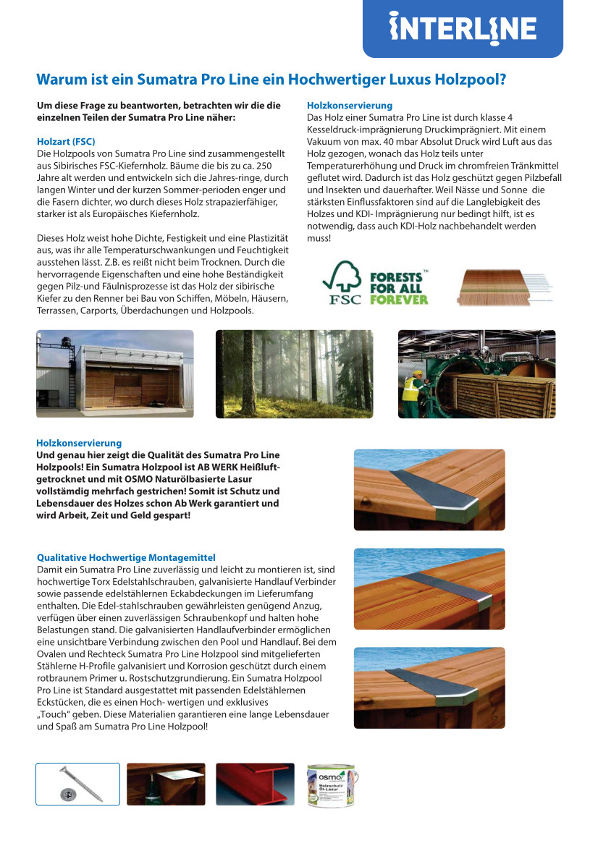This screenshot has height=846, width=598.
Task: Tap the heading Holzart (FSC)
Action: click(x=66, y=141)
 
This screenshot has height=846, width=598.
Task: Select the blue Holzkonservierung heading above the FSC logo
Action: click(x=350, y=106)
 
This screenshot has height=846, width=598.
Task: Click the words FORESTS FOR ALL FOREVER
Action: click(x=399, y=288)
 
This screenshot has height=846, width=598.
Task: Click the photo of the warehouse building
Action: click(x=115, y=373)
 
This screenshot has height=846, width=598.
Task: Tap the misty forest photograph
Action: click(x=295, y=373)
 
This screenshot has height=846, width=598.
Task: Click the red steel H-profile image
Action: click(x=255, y=784)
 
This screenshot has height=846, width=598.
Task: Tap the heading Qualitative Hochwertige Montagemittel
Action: click(x=127, y=557)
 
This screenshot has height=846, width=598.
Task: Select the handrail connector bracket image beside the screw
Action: click(x=166, y=784)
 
